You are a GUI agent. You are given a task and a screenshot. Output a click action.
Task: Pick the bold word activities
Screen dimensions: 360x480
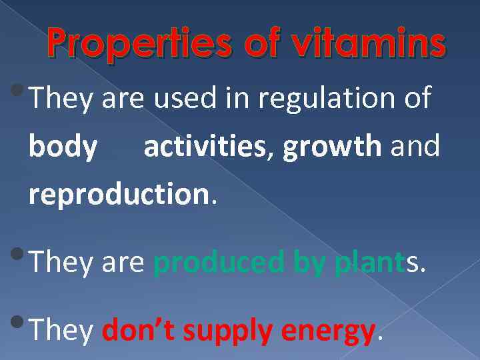[204, 147]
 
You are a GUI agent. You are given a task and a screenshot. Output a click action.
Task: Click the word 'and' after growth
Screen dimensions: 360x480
[415, 147]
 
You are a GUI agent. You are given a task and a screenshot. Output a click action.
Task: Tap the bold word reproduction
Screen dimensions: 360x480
[119, 194]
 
